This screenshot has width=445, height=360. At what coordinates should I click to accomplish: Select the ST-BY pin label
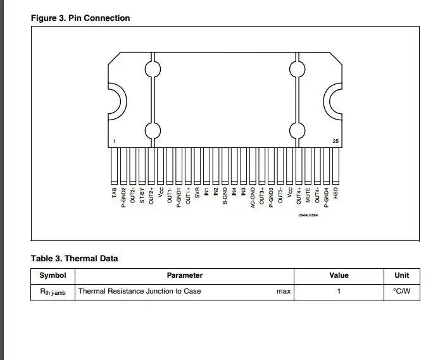[142, 194]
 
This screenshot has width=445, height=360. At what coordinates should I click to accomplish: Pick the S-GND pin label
[225, 196]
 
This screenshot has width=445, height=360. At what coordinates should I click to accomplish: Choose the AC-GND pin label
[253, 197]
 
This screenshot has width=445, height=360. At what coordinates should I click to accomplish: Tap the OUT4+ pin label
[299, 195]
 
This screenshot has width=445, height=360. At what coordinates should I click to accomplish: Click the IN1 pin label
[207, 191]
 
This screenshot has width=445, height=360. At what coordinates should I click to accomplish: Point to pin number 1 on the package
[114, 141]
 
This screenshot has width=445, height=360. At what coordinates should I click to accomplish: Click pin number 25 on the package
[335, 141]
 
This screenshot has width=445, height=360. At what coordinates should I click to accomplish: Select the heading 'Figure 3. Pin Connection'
[80, 18]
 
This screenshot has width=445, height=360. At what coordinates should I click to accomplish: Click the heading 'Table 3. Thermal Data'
[75, 258]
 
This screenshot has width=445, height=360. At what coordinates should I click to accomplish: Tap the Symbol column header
[53, 275]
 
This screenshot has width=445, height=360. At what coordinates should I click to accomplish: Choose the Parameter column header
[184, 275]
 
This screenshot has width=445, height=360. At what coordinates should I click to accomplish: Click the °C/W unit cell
[401, 291]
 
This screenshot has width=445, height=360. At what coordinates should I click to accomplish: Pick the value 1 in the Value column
[339, 291]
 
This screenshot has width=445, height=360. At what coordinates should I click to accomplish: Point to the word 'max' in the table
[283, 291]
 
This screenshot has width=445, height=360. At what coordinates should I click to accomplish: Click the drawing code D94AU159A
[308, 216]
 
